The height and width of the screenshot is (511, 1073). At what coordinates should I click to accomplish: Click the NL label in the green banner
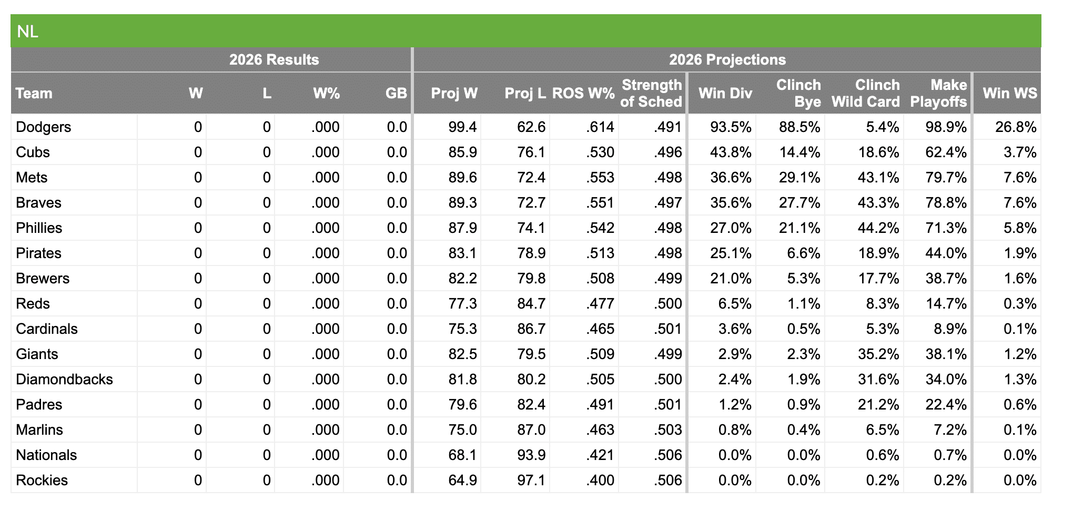pyautogui.click(x=27, y=32)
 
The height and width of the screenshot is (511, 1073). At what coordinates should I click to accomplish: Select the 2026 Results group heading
pyautogui.click(x=274, y=59)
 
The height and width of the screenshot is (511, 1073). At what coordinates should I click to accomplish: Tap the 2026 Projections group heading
pyautogui.click(x=727, y=59)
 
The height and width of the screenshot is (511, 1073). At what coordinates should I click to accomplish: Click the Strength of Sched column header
pyautogui.click(x=651, y=93)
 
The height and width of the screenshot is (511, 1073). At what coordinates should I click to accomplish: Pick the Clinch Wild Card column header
pyautogui.click(x=865, y=93)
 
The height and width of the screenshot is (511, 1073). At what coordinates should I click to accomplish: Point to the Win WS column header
pyautogui.click(x=1009, y=93)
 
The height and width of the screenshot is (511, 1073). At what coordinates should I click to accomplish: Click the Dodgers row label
pyautogui.click(x=43, y=127)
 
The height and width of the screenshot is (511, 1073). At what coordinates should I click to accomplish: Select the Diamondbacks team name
pyautogui.click(x=64, y=380)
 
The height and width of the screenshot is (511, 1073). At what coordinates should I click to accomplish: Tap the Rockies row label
pyautogui.click(x=42, y=481)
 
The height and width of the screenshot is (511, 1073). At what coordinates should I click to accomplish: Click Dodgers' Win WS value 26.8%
pyautogui.click(x=1015, y=127)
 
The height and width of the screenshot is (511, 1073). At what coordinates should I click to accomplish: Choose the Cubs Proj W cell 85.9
pyautogui.click(x=462, y=152)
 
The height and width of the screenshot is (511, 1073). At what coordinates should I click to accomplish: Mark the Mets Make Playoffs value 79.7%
pyautogui.click(x=946, y=178)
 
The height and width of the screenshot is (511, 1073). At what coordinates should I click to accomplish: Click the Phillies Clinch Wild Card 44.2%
pyautogui.click(x=878, y=228)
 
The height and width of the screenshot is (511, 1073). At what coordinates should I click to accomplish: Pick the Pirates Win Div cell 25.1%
pyautogui.click(x=730, y=253)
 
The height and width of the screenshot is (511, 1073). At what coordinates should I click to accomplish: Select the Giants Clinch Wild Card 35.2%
pyautogui.click(x=878, y=354)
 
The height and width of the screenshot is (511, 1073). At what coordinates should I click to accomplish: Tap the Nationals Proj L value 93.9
pyautogui.click(x=531, y=455)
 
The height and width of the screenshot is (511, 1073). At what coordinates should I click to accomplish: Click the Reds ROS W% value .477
pyautogui.click(x=600, y=304)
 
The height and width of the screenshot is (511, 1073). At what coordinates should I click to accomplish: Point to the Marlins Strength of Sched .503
pyautogui.click(x=667, y=430)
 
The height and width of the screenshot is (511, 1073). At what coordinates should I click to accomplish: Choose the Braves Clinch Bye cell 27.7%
pyautogui.click(x=799, y=203)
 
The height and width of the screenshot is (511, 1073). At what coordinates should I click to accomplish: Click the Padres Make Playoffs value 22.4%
pyautogui.click(x=946, y=405)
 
